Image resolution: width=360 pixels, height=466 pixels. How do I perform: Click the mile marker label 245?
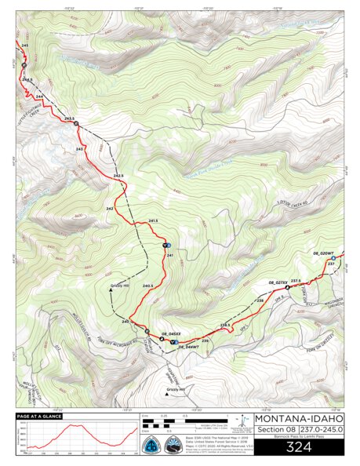(x=25, y=47)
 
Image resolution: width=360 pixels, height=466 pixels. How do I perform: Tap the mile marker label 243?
(x=79, y=148)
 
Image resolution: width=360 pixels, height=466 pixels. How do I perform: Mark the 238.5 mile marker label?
(x=224, y=324)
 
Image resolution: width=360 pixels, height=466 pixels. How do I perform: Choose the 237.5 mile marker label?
(x=296, y=280)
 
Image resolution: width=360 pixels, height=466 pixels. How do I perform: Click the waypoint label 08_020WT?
(x=323, y=253)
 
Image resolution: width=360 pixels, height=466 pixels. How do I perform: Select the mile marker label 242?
(x=110, y=208)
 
